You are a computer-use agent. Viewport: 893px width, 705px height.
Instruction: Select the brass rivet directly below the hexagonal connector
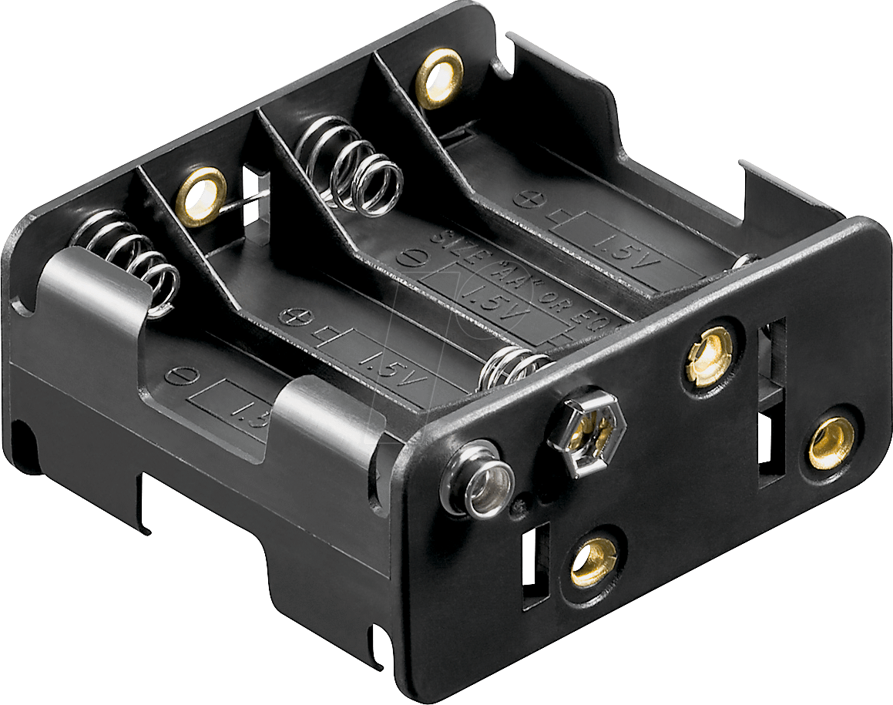(594, 556)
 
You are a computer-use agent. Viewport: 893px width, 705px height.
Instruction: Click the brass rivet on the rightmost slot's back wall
(439, 77)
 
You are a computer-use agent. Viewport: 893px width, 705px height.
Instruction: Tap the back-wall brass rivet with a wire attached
(201, 196)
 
